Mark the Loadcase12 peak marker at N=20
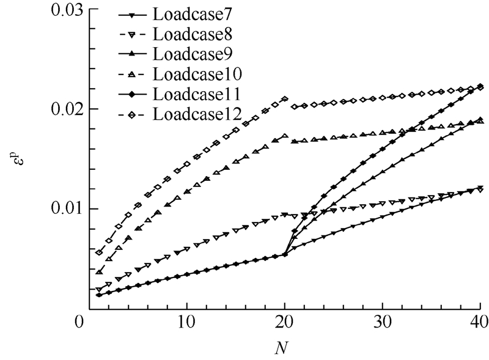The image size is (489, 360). tap(285, 98)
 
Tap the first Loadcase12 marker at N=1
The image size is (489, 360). tap(99, 252)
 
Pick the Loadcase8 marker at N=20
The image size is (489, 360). tap(285, 215)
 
